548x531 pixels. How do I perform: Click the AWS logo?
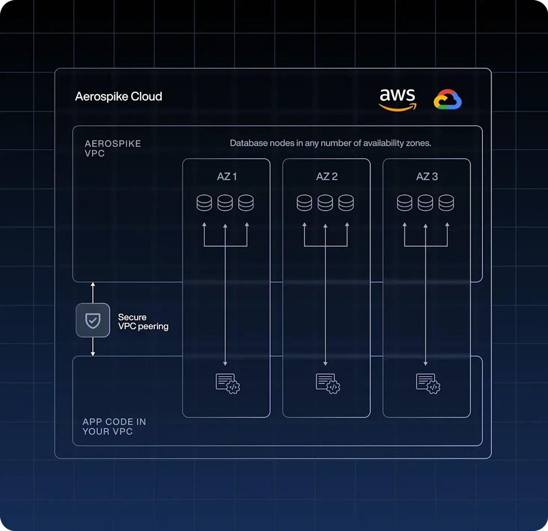[x=397, y=99]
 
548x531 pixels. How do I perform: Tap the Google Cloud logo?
[x=447, y=99]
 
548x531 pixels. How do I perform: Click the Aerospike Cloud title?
[x=118, y=96]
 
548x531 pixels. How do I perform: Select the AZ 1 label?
[x=227, y=177]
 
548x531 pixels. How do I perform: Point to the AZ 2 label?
[x=327, y=177]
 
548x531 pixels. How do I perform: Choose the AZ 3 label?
[x=427, y=177]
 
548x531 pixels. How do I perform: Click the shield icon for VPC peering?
[x=93, y=320]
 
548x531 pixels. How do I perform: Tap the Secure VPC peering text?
[x=143, y=322]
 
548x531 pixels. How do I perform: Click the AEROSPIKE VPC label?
[x=113, y=148]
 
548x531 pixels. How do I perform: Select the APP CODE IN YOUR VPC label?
[x=114, y=427]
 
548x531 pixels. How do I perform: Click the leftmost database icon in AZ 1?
[x=204, y=203]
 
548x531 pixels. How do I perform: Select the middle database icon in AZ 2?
[x=325, y=203]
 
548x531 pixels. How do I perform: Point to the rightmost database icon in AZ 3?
[x=446, y=203]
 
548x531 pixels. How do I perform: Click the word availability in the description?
[x=383, y=143]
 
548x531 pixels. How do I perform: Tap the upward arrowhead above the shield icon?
[x=93, y=285]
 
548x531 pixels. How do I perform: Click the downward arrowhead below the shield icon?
[x=93, y=353]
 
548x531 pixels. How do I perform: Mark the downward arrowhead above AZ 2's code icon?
[x=325, y=363]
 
